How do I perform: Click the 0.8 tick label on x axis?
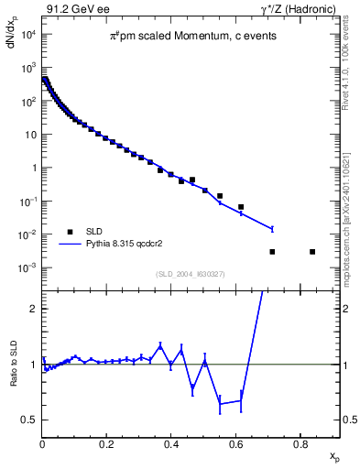[x=300, y=443]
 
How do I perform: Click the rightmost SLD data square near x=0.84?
[x=312, y=252]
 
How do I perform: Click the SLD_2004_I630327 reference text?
[x=191, y=274]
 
